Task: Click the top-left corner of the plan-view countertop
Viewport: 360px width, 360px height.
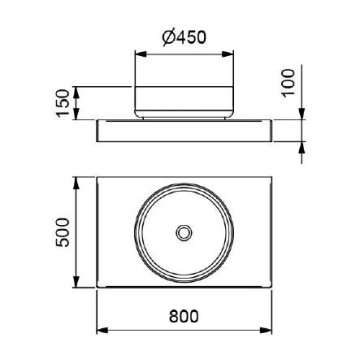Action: click(96, 181)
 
